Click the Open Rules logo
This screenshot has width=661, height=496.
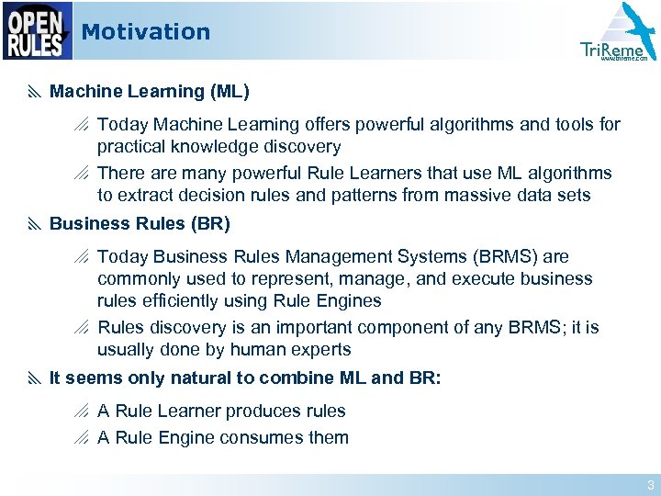point(37,30)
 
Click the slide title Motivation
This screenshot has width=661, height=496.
point(145,32)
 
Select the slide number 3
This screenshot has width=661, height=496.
point(650,485)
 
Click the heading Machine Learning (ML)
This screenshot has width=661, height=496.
point(149,92)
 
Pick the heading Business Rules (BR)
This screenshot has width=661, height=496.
point(140,224)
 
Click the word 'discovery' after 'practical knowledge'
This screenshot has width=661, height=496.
point(304,147)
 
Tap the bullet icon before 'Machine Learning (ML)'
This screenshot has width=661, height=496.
point(34,92)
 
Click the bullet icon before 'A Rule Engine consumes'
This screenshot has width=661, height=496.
point(83,438)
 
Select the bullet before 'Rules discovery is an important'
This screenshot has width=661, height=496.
point(83,328)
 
